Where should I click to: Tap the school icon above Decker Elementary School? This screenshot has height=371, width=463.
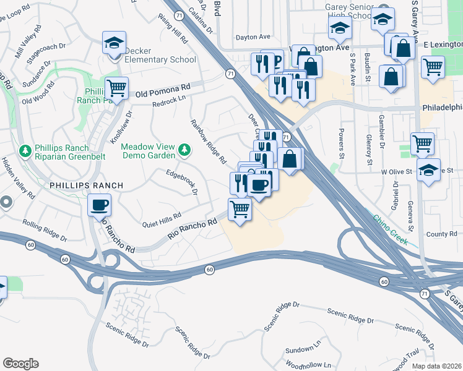click(x=114, y=43)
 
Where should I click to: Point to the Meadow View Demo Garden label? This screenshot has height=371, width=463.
click(x=148, y=151)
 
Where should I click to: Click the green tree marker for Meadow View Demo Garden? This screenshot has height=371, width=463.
click(x=184, y=149)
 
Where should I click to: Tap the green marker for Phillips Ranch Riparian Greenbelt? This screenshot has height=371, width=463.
click(x=25, y=150)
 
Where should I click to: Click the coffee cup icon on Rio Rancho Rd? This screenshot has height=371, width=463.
click(x=99, y=205)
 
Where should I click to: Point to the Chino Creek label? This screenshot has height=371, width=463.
click(x=391, y=230)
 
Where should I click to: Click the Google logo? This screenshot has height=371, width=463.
click(x=20, y=364)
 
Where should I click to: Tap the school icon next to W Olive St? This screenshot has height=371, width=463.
click(x=428, y=169)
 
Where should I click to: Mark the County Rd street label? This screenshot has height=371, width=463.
click(x=441, y=234)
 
